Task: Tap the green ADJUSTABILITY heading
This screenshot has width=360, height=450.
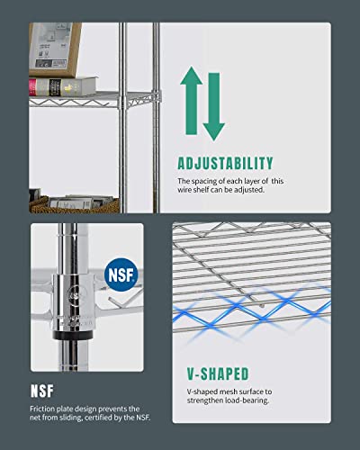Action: click(x=224, y=163)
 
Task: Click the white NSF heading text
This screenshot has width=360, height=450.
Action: click(x=47, y=392)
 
